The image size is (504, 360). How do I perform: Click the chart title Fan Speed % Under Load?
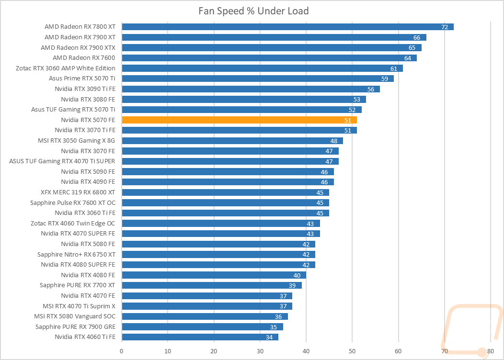tap(253, 11)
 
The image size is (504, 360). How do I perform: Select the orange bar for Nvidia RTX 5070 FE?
tap(240, 120)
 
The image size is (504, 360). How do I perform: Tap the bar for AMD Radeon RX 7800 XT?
tap(287, 27)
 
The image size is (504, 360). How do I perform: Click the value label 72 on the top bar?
tap(445, 27)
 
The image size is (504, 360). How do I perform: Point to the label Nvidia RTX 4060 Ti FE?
tap(85, 337)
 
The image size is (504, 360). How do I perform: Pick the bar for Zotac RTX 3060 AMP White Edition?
tap(262, 68)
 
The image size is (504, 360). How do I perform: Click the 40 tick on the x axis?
tap(306, 351)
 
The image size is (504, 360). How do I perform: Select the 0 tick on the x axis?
tap(122, 351)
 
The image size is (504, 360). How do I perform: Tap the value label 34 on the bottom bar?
tap(269, 337)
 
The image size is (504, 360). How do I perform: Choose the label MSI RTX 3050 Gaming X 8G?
tap(77, 141)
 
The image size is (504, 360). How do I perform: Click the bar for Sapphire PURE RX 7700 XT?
tap(212, 285)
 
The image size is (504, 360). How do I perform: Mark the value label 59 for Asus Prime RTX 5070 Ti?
tap(385, 79)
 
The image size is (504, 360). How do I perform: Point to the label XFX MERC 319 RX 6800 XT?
tap(78, 192)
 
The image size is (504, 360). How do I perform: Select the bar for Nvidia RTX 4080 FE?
tap(214, 275)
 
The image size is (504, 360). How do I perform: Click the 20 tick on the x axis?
tap(214, 351)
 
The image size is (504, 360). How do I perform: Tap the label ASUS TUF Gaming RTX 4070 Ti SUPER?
tap(62, 161)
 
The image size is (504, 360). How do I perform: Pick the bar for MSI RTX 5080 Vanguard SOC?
tap(205, 316)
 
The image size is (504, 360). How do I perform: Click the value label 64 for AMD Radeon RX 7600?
tap(408, 58)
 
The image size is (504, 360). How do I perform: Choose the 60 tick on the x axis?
tap(398, 351)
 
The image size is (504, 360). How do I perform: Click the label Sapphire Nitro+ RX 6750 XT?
tap(76, 255)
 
